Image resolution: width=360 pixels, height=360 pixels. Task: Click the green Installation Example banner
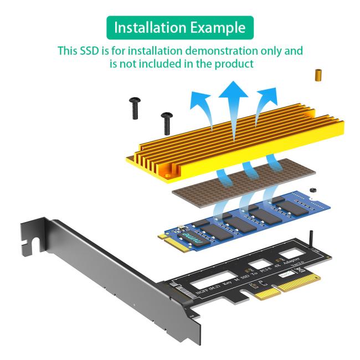(x=180, y=27)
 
